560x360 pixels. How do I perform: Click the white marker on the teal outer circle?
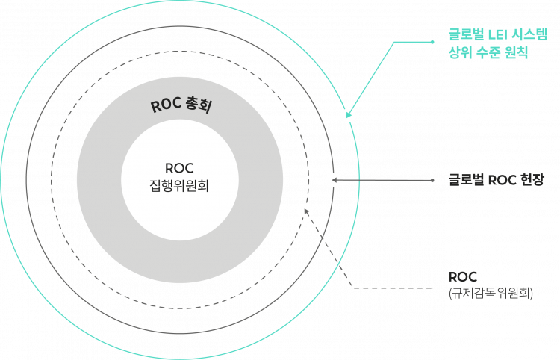click(x=347, y=115)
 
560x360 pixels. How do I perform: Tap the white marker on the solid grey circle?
click(x=334, y=179)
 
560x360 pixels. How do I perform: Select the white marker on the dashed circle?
click(x=305, y=211)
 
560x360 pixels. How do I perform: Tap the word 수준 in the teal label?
click(x=488, y=54)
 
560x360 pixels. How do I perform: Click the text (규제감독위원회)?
click(x=491, y=294)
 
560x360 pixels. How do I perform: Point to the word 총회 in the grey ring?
click(x=198, y=107)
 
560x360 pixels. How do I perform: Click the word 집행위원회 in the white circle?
click(x=179, y=185)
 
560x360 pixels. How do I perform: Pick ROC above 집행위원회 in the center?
click(x=179, y=167)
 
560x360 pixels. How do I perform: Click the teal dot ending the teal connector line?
click(x=432, y=42)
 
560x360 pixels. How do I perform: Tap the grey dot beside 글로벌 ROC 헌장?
click(x=433, y=180)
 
